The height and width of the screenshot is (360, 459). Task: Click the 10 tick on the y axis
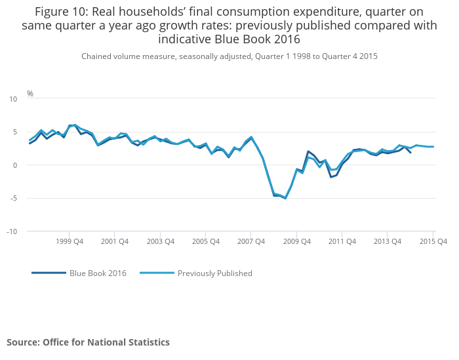point(13,99)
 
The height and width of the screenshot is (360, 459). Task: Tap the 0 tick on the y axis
point(15,165)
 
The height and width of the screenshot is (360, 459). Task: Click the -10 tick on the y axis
point(12,231)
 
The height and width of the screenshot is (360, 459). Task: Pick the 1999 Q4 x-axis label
point(70,241)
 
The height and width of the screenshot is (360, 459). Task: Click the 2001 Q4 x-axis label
point(115,241)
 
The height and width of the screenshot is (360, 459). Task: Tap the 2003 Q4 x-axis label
point(160,241)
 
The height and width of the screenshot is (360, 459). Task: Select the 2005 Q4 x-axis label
point(206,241)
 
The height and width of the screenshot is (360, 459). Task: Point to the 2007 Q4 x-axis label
point(251,241)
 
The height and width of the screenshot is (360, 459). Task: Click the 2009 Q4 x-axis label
point(296,241)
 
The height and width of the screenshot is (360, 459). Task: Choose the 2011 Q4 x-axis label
point(342,241)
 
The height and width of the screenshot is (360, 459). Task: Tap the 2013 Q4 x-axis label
point(388,241)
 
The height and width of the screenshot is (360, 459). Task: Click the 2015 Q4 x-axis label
point(433,241)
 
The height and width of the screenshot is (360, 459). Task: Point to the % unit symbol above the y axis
point(30,93)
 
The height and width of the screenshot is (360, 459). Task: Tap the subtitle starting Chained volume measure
point(229,56)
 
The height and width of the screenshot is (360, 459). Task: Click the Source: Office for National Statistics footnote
point(88,342)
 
